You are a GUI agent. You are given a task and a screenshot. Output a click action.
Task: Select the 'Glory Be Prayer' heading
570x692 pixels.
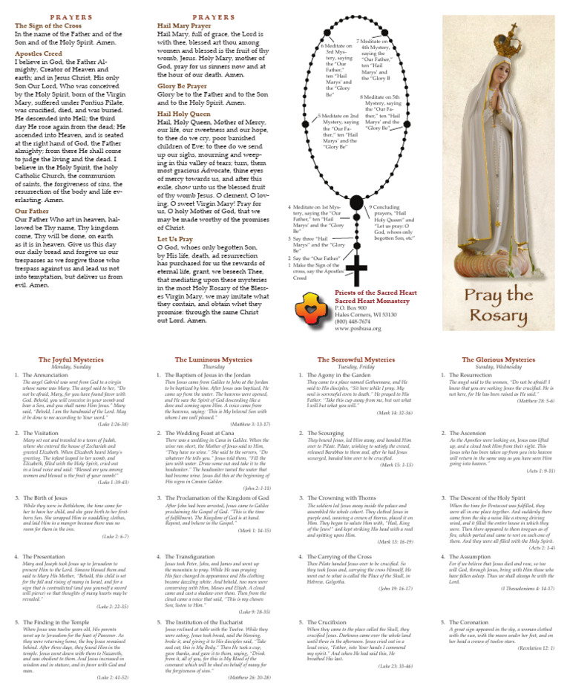click(x=182, y=86)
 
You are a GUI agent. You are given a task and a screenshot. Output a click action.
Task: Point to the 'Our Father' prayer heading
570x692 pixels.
click(x=32, y=212)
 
